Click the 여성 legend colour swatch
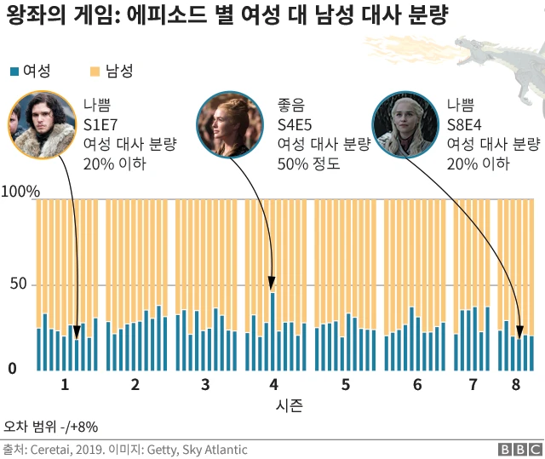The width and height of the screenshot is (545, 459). [14, 72]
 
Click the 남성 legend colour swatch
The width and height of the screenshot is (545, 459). [95, 72]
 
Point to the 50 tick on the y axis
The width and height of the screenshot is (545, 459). [19, 284]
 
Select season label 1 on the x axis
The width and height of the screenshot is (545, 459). [65, 385]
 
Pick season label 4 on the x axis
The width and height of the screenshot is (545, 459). [273, 385]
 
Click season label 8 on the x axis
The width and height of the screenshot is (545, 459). [516, 385]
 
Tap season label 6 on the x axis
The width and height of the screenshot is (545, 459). [417, 385]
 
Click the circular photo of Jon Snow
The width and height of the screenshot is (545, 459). [42, 125]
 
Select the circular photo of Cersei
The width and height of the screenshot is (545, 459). [230, 126]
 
